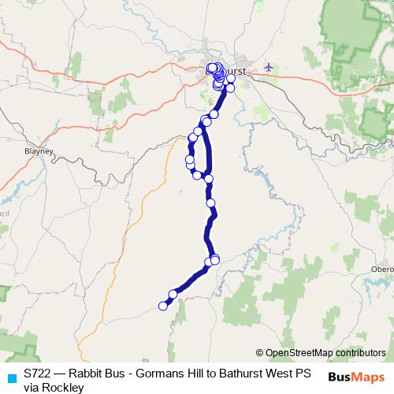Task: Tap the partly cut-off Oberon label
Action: (x=382, y=269)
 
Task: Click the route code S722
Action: (x=38, y=373)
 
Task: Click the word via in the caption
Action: (x=32, y=387)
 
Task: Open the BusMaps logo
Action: (x=357, y=377)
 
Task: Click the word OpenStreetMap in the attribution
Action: (x=303, y=352)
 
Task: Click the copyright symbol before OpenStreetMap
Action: (x=260, y=352)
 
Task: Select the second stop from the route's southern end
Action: (x=173, y=295)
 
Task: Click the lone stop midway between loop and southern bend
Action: (x=211, y=203)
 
